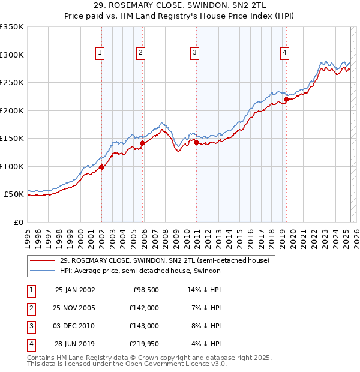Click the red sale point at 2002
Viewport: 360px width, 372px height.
[102, 167]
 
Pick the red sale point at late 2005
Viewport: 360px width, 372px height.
[143, 143]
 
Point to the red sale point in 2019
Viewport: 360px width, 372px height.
[286, 100]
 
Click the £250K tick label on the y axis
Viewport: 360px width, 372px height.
[12, 83]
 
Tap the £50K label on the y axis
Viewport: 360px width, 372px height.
[14, 194]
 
